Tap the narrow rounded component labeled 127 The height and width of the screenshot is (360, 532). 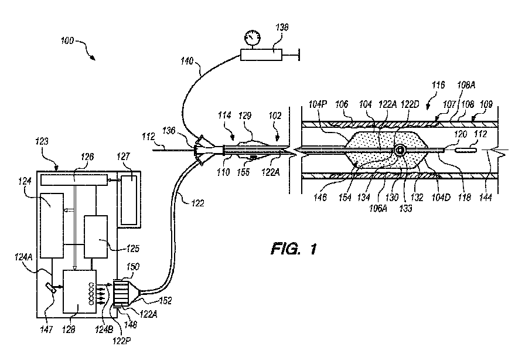coord(129,199)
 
